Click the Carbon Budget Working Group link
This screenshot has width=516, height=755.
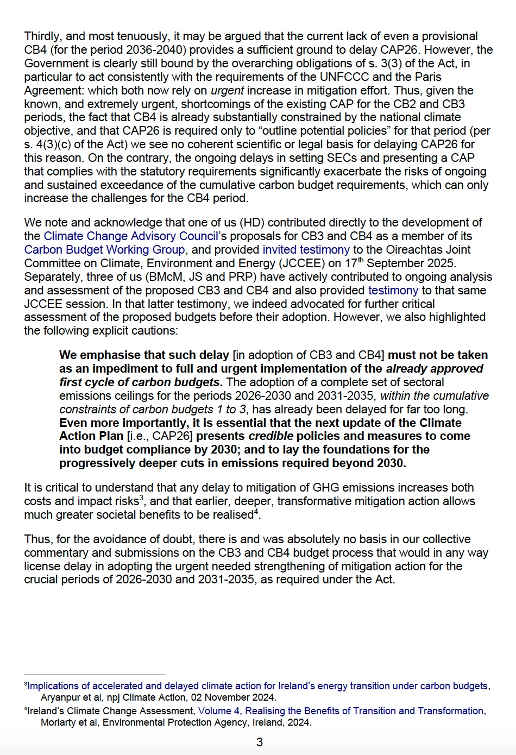click(104, 250)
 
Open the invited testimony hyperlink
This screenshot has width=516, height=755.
click(306, 250)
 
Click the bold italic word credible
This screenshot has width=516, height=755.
click(270, 436)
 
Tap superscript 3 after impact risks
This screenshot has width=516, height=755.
click(142, 498)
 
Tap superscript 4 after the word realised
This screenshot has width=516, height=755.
click(256, 512)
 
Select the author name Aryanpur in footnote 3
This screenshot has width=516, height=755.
click(61, 697)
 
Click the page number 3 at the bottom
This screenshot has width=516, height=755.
click(259, 742)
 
